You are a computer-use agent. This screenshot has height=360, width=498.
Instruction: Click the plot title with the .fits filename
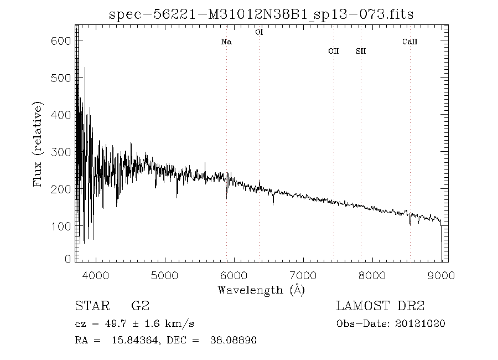pos(262,13)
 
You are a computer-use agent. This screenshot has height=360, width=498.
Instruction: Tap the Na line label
pos(226,42)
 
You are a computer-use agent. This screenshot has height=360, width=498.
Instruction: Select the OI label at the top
pos(259,32)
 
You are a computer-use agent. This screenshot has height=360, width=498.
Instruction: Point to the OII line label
pos(333,51)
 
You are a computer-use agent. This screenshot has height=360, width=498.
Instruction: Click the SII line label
pos(361,51)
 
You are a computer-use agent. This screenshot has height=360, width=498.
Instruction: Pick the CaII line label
pos(409,42)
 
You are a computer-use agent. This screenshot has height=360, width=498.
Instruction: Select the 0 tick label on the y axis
pos(68,259)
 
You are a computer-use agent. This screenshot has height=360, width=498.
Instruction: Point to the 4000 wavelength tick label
pos(96,275)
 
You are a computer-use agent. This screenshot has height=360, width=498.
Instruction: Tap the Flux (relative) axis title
pos(38,144)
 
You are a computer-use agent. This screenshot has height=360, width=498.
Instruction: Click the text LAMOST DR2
pos(380,306)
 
